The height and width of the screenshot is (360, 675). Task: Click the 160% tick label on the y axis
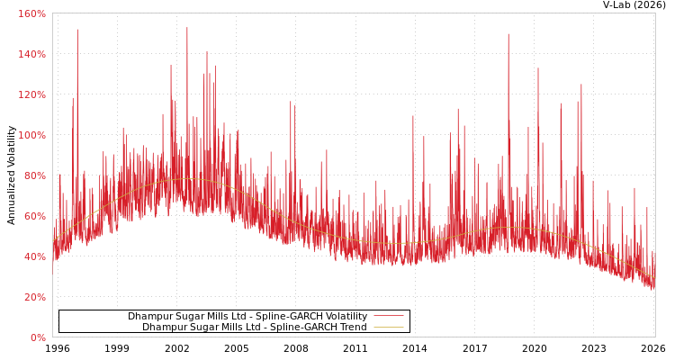click(31, 13)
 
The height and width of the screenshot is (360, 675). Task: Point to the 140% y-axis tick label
click(31, 54)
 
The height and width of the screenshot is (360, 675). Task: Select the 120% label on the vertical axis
click(31, 94)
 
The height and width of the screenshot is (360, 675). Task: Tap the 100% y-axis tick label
click(31, 135)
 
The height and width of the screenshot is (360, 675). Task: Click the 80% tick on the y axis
click(33, 175)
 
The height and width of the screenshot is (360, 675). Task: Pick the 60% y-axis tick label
click(33, 216)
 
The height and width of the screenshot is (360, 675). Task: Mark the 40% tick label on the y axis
click(33, 256)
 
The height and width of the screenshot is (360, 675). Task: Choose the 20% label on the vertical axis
click(33, 297)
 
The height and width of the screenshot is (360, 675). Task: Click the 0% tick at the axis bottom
click(37, 337)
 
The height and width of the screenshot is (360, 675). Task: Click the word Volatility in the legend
click(346, 317)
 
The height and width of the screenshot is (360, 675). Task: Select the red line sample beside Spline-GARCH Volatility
click(388, 316)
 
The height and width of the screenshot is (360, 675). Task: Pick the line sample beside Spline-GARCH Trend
click(388, 327)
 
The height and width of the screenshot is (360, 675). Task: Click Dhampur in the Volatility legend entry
click(148, 317)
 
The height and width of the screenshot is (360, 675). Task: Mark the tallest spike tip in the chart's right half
click(508, 34)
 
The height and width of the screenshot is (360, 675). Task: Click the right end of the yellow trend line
click(654, 278)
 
